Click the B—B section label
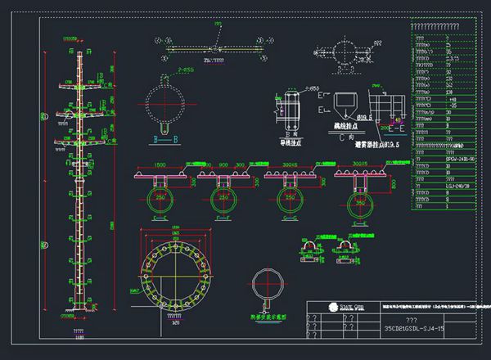(165, 140)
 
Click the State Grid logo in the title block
(336, 308)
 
